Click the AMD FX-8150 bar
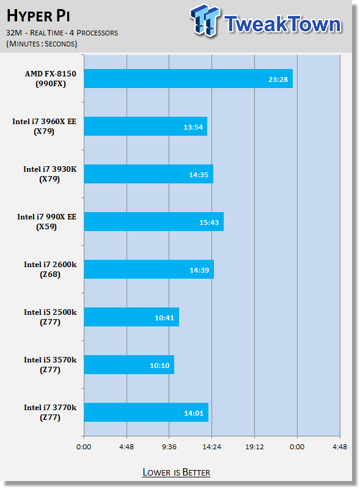coord(188,79)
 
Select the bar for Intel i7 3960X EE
coord(145,127)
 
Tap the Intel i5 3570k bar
coord(129,364)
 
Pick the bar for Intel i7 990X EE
coord(154,222)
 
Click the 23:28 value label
coord(278,79)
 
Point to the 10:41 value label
coord(164,318)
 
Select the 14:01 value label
coord(194,413)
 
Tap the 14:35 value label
coord(199,175)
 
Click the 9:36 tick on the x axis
coord(169,447)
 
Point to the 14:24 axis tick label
coord(211,447)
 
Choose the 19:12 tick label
coord(254,447)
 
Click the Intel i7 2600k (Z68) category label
coord(50,270)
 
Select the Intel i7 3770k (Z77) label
coord(50,412)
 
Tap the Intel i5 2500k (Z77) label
coord(50,317)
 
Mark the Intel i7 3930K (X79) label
coord(50,174)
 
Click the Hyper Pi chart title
coord(38,16)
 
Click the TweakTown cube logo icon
coord(204,20)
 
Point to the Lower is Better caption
coord(176,472)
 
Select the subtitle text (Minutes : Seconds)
coord(42,43)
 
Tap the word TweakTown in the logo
coord(282,24)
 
